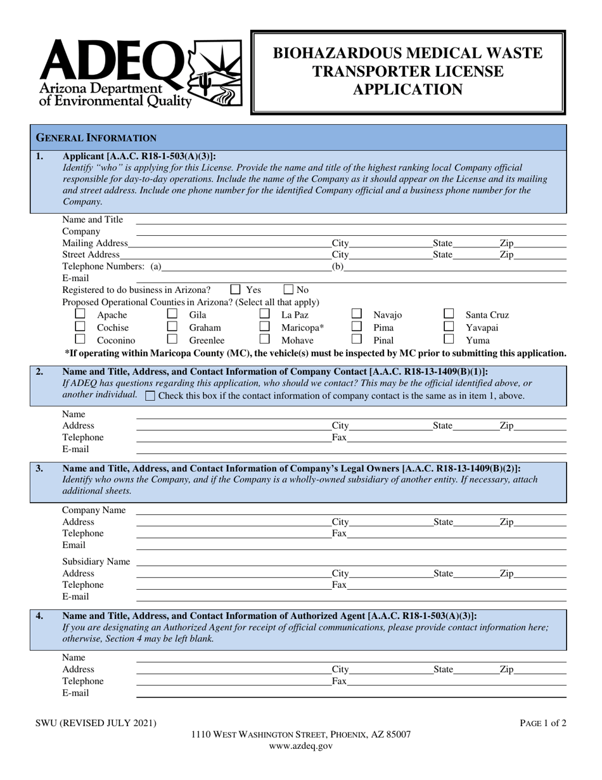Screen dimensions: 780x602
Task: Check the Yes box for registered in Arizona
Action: (x=235, y=290)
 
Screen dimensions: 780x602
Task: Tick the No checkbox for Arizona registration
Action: (x=288, y=290)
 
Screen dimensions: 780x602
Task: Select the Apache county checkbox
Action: (x=80, y=314)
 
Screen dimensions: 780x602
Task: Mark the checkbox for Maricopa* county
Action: (x=265, y=327)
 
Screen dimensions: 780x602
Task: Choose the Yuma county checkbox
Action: (x=449, y=339)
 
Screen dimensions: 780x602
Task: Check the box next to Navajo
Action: (x=357, y=314)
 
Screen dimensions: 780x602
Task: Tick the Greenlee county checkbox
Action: (x=172, y=339)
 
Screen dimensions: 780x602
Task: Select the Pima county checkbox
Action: (x=357, y=327)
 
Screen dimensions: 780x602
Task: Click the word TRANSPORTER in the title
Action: (x=407, y=72)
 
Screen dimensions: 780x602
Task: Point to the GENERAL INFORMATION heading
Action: (x=96, y=138)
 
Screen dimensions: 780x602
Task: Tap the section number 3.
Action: (x=39, y=469)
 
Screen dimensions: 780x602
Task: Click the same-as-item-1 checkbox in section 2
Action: (x=150, y=396)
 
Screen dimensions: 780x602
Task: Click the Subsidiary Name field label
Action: (x=96, y=561)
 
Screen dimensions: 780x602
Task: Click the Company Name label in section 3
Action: (x=93, y=510)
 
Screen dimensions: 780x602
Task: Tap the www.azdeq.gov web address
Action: (x=300, y=746)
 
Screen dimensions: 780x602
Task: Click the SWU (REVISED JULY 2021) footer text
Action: (x=96, y=722)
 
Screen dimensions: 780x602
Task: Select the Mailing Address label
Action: (x=94, y=243)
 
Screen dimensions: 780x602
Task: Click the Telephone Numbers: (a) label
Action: (x=112, y=266)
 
